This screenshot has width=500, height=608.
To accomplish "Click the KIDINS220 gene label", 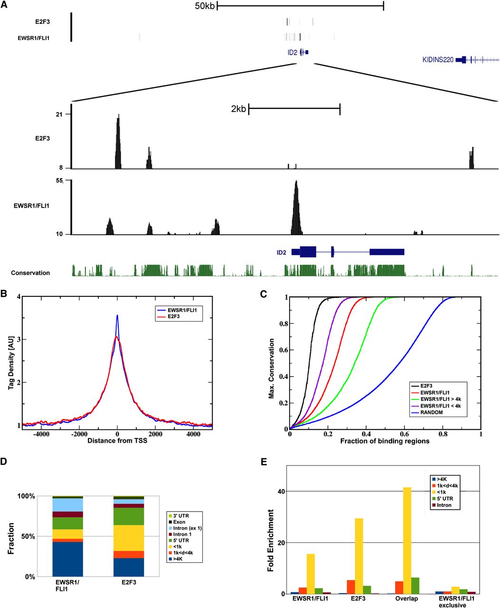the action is click(x=438, y=60).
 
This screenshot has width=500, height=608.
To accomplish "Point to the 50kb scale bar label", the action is click(x=205, y=6).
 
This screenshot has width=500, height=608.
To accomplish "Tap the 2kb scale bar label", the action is click(x=238, y=109).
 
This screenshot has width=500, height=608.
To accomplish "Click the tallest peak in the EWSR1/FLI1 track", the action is click(x=296, y=208).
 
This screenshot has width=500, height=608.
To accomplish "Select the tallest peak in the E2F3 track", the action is click(x=118, y=141).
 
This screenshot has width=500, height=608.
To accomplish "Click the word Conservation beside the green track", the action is click(x=30, y=273).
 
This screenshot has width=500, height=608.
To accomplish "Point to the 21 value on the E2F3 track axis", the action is click(x=59, y=114).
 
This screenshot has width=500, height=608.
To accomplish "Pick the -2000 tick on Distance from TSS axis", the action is click(x=79, y=434).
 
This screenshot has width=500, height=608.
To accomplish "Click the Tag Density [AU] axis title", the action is click(x=11, y=363).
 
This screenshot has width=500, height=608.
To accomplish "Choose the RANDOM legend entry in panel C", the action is click(x=432, y=412).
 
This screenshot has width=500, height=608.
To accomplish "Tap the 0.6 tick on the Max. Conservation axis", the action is click(x=283, y=350).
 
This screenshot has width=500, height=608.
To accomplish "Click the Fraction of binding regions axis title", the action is click(x=385, y=441).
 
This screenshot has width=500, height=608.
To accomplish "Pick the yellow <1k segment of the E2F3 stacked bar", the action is click(x=129, y=538).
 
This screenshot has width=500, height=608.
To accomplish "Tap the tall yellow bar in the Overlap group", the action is click(x=407, y=541).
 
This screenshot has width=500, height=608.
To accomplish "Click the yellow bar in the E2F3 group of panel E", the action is click(x=359, y=556).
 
